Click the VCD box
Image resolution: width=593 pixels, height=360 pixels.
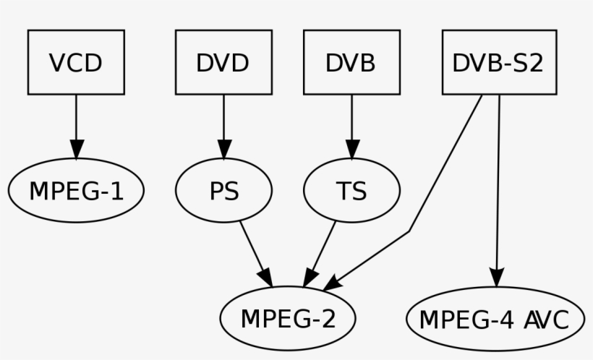pos(76,63)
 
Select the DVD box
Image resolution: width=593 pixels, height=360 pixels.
pos(223,63)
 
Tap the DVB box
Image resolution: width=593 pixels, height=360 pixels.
pos(351,63)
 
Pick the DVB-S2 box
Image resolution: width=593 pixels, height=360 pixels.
pos(499,63)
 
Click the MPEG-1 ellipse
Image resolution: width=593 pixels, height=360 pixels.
pos(76,191)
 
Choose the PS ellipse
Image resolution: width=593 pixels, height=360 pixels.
pos(223,191)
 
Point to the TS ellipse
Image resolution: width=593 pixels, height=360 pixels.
pos(351,191)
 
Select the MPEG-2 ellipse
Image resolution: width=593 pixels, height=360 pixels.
pos(288,318)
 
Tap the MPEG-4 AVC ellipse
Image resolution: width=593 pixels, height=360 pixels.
pos(496,318)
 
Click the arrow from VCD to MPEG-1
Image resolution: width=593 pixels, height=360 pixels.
pos(76,119)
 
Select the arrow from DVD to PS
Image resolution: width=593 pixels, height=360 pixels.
pos(223,119)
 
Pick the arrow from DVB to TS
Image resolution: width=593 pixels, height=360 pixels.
pos(351,119)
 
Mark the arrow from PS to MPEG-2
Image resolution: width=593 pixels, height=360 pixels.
pos(254,249)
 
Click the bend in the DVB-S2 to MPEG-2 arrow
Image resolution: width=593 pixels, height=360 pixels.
pos(410,231)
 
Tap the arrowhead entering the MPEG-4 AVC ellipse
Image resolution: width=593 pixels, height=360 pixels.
pos(497,278)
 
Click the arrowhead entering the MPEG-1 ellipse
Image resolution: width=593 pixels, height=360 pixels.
pos(76,148)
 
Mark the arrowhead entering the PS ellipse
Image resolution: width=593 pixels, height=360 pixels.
pos(223,149)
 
